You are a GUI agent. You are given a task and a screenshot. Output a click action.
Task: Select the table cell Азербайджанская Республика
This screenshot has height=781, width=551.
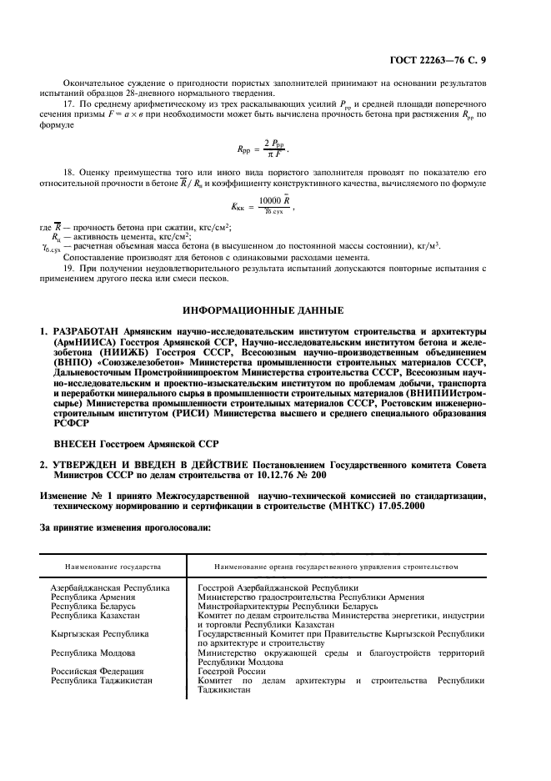tap(110, 587)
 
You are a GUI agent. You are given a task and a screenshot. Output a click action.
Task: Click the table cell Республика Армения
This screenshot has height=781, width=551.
tap(93, 597)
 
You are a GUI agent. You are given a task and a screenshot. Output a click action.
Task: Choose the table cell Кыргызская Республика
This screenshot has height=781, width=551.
tap(99, 633)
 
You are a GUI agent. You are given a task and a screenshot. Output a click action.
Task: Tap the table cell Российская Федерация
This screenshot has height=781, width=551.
tap(98, 671)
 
